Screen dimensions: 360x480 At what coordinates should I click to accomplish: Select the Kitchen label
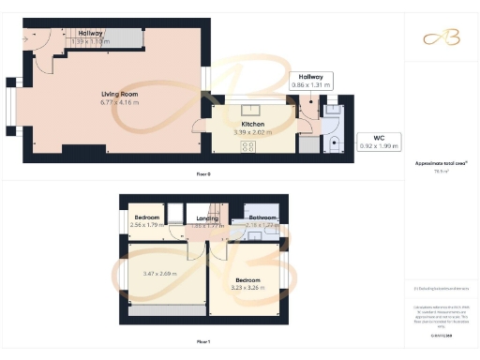[252, 125]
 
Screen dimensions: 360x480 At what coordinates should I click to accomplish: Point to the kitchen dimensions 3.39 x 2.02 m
[252, 132]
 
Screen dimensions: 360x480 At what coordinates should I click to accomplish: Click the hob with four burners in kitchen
[249, 146]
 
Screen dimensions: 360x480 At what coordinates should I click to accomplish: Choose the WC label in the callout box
[379, 138]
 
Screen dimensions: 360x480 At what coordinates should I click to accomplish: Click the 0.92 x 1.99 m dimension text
[379, 145]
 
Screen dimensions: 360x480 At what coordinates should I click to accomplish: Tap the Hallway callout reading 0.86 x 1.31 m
[311, 85]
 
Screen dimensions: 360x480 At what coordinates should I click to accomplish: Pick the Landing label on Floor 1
[207, 218]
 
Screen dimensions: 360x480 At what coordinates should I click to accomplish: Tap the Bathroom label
[262, 218]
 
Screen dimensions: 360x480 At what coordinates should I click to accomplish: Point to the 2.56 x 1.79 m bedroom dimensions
[146, 226]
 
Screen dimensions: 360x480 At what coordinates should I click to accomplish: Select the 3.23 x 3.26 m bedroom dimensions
[247, 288]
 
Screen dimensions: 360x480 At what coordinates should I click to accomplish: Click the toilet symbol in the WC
[336, 143]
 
